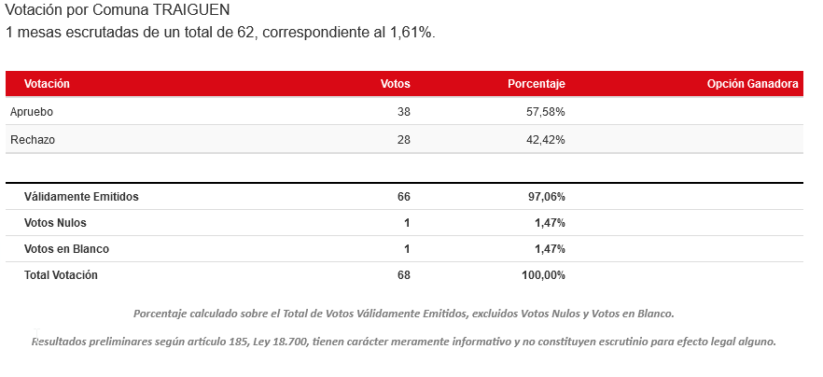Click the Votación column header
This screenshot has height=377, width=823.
[x=47, y=84]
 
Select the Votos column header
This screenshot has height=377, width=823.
[x=396, y=84]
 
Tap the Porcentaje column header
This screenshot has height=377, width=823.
[x=536, y=84]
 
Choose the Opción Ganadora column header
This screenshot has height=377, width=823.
[x=752, y=84]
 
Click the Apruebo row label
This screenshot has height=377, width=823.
[x=32, y=112]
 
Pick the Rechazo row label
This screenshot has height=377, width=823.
[x=32, y=140]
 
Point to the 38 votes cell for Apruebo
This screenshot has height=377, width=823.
[x=403, y=112]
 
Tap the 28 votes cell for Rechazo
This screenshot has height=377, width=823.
[x=403, y=140]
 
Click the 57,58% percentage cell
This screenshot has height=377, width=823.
[x=546, y=112]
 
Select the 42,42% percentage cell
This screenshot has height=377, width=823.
[x=546, y=140]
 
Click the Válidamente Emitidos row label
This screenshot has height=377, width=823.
[x=81, y=197]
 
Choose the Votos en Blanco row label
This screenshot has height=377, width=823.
[x=66, y=249]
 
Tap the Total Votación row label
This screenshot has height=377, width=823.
[x=61, y=275]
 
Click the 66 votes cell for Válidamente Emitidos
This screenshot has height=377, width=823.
[x=403, y=197]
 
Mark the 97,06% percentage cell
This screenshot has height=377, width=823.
[x=546, y=197]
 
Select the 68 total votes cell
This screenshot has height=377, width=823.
[x=403, y=275]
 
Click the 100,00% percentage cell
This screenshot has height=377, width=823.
[x=543, y=275]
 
